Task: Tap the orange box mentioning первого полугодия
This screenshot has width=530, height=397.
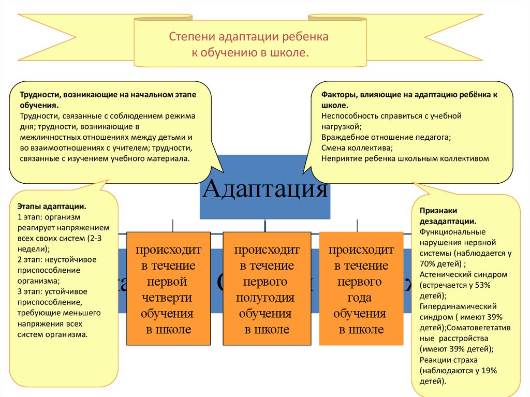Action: pos(267,289)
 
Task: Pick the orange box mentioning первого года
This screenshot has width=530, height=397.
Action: pos(361,289)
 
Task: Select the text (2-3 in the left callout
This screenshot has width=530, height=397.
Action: pos(99,238)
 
